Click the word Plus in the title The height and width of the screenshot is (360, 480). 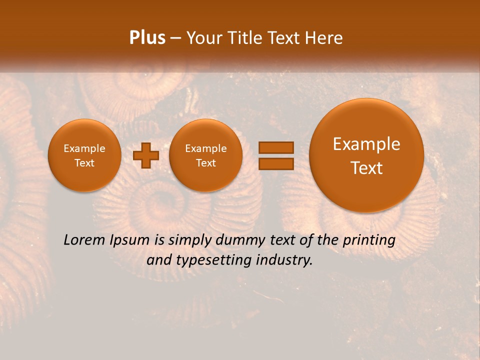(x=147, y=38)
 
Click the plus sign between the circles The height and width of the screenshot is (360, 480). (x=145, y=155)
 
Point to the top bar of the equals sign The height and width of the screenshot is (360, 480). (x=275, y=147)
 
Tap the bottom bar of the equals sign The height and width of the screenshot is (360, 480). (x=275, y=163)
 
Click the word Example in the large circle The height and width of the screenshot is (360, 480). (x=366, y=144)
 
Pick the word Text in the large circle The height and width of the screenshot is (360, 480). (x=366, y=168)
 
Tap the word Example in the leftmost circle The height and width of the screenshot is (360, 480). (x=84, y=148)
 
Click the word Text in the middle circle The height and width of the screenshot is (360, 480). (x=205, y=163)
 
